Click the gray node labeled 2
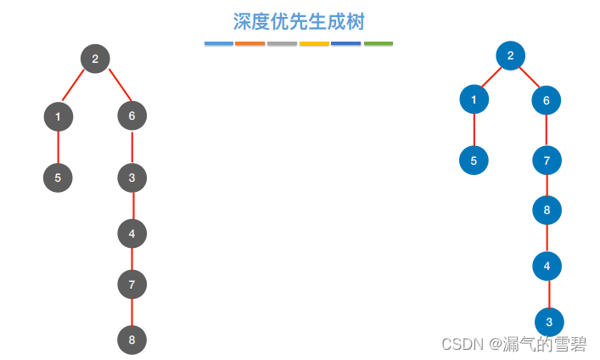coord(95,59)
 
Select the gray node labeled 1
coord(58,116)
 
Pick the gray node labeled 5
coord(58,177)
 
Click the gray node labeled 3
coord(132,177)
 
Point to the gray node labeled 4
coord(132,233)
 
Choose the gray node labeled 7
coord(132,285)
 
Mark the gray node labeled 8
coord(132,340)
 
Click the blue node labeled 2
coord(510,56)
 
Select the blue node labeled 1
coord(474,100)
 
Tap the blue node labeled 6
coord(547,100)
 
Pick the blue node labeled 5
coord(474,160)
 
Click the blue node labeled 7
coord(547,160)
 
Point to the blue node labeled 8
coord(547,209)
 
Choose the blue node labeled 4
coord(547,266)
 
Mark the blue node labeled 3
coord(549,322)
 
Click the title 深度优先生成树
coord(299,21)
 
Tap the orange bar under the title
coord(250,43)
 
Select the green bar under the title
coord(379,43)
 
